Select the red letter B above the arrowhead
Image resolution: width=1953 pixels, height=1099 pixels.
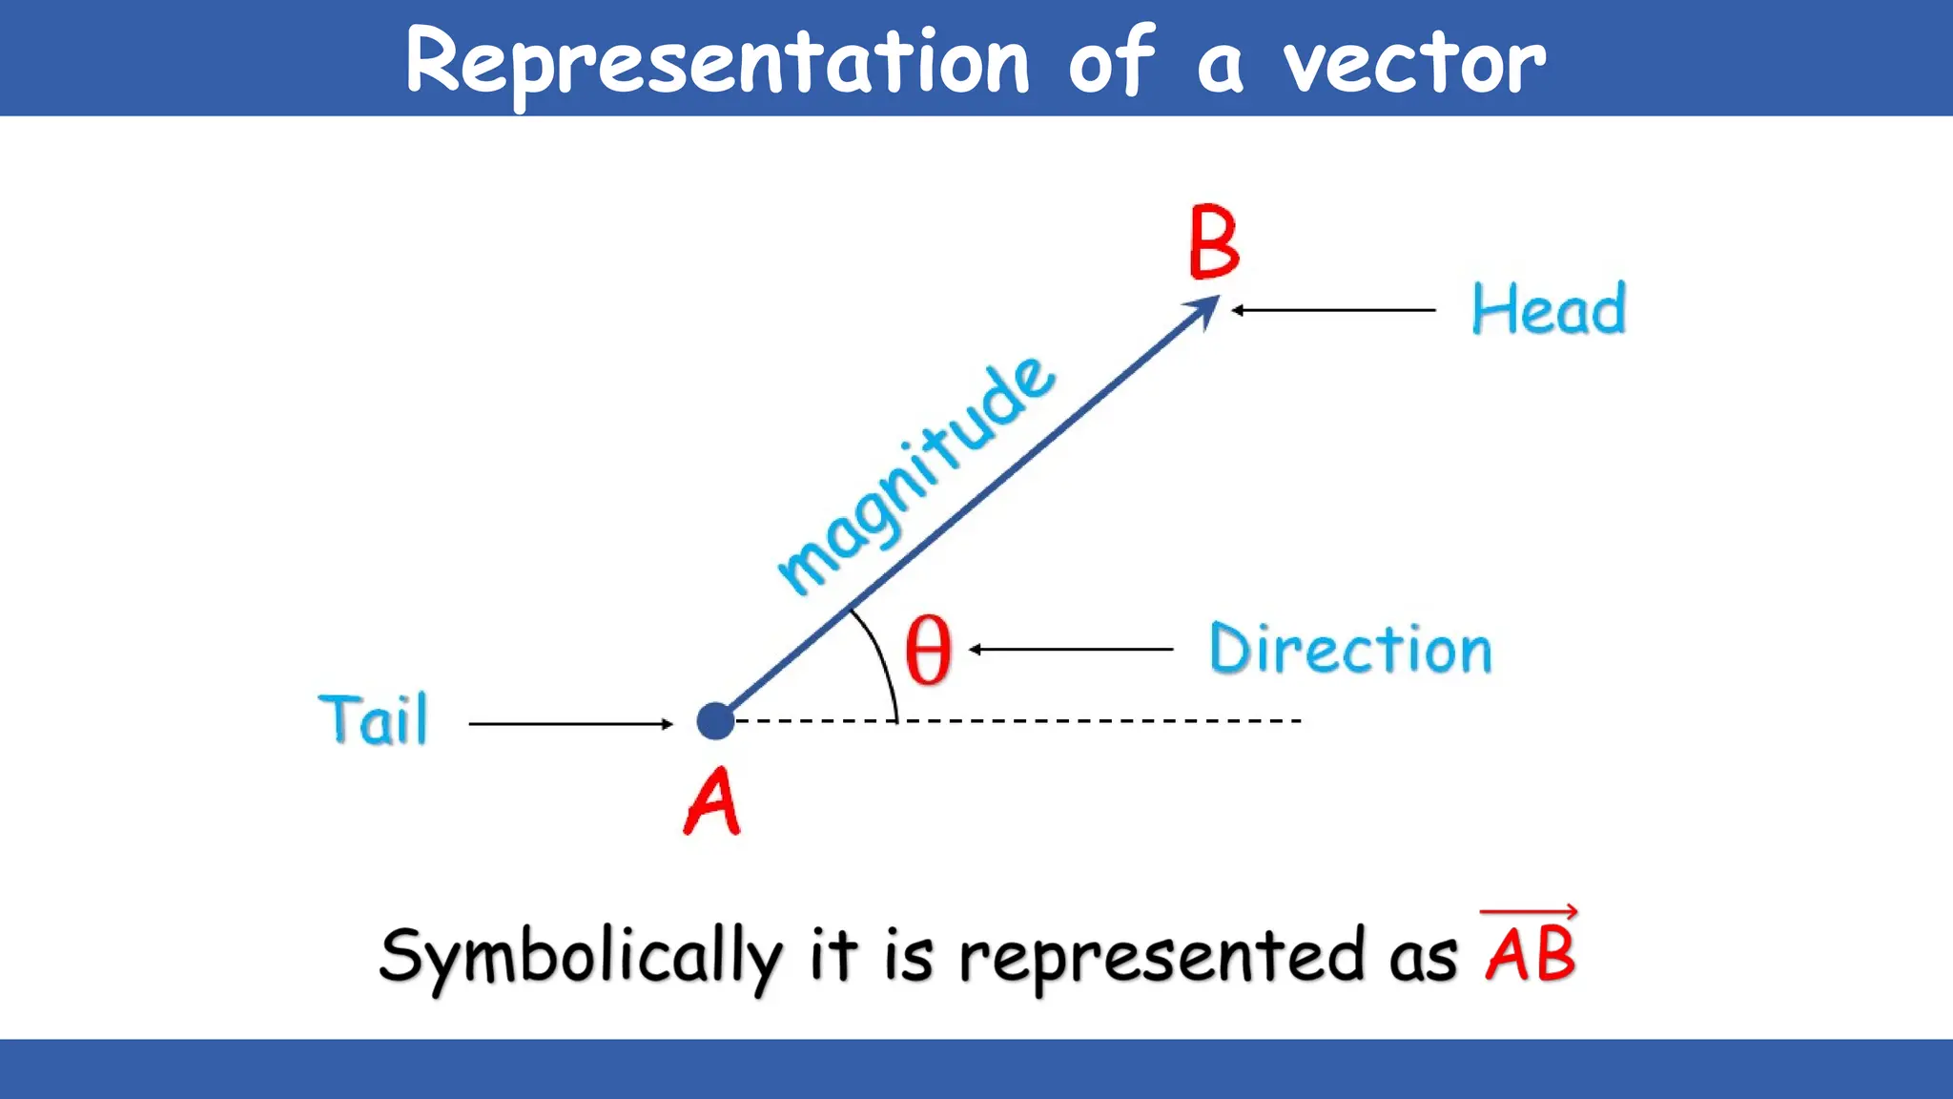point(1214,242)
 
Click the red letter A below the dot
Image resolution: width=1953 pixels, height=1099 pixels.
point(712,802)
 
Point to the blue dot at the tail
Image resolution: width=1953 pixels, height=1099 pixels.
point(715,721)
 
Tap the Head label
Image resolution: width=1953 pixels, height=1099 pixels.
point(1549,309)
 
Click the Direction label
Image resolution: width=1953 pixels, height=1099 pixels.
point(1350,649)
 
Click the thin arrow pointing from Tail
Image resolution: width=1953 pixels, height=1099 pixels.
point(570,724)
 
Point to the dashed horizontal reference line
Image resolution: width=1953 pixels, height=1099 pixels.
point(1097,721)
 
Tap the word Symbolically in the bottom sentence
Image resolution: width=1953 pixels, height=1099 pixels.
point(580,957)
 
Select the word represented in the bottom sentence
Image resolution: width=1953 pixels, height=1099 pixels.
point(1161,957)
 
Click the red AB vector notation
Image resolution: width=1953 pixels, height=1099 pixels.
point(1530,954)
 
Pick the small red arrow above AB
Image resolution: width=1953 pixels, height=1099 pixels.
point(1529,912)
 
